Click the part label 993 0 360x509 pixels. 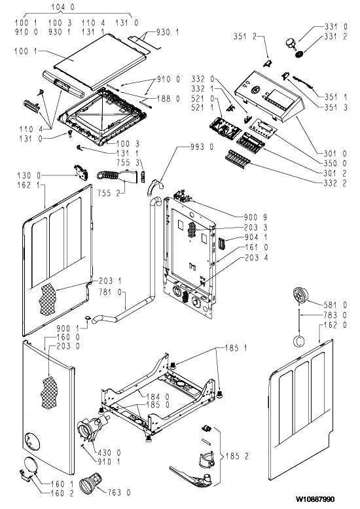pyautogui.click(x=202, y=147)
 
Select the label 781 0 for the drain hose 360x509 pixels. pyautogui.click(x=110, y=292)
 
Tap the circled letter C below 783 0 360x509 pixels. pyautogui.click(x=298, y=341)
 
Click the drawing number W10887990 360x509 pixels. pyautogui.click(x=315, y=499)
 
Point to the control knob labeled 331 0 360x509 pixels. pyautogui.click(x=290, y=43)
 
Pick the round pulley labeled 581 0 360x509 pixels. pyautogui.click(x=300, y=296)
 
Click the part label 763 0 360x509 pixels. pyautogui.click(x=119, y=493)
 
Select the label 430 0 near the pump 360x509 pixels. pyautogui.click(x=109, y=452)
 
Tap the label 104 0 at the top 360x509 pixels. pyautogui.click(x=63, y=7)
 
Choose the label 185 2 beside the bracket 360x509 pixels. pyautogui.click(x=237, y=456)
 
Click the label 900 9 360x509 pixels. pyautogui.click(x=256, y=217)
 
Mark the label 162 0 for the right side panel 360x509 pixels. pyautogui.click(x=335, y=325)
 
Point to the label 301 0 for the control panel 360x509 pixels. pyautogui.click(x=335, y=154)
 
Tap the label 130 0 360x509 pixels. pyautogui.click(x=29, y=175)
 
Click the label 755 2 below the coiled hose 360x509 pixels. pyautogui.click(x=109, y=193)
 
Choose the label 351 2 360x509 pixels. pyautogui.click(x=245, y=36)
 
